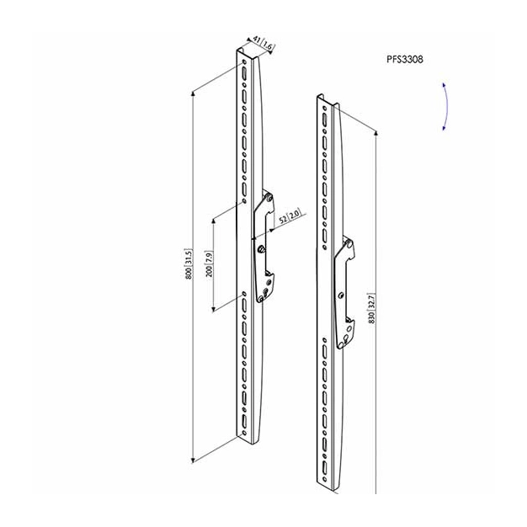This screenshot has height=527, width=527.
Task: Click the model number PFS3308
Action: point(405,60)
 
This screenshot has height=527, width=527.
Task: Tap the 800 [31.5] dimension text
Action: point(189,263)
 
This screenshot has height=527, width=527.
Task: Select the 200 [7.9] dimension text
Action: point(209,263)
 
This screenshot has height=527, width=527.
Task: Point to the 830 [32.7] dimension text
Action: point(372,308)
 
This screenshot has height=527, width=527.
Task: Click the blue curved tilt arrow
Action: point(447,106)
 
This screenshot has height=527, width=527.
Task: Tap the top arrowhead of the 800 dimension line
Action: point(193,93)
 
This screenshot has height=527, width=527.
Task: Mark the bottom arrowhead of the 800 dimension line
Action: point(193,460)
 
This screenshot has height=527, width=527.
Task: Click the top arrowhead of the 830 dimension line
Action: point(376,132)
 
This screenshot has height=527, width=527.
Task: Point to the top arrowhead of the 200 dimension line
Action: point(213,221)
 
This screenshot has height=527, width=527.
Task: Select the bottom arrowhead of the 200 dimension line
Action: point(213,309)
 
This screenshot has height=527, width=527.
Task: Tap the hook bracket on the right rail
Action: point(343,293)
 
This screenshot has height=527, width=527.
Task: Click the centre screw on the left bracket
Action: point(261,249)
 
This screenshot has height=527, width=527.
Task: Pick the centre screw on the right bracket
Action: point(342,295)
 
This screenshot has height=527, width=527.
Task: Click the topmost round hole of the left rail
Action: point(243,62)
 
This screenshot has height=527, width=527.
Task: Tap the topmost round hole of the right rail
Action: point(324,109)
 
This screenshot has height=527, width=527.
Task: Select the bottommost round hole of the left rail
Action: point(244,433)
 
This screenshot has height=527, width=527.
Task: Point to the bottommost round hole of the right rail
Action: point(324,479)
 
